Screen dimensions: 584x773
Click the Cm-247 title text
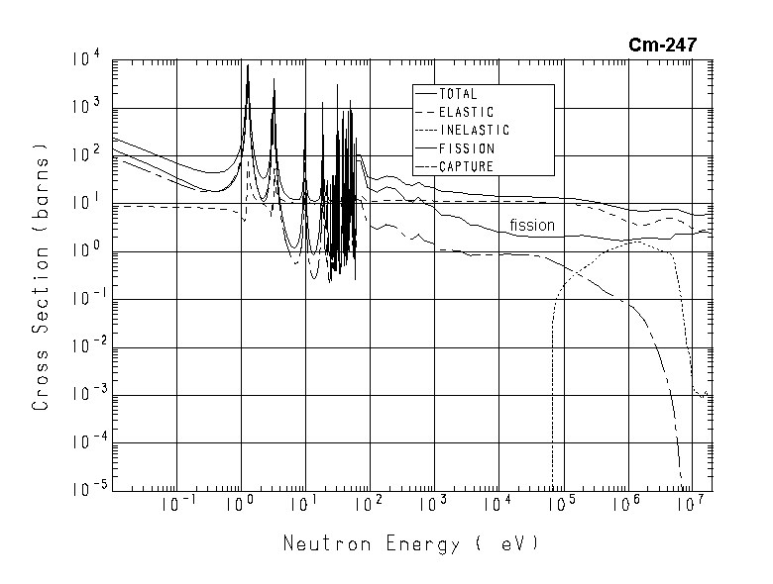[663, 45]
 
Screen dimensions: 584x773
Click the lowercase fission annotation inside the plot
[532, 226]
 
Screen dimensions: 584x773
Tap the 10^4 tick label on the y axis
[84, 61]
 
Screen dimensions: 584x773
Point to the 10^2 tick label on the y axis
[84, 156]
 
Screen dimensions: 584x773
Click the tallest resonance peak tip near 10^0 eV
[248, 65]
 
